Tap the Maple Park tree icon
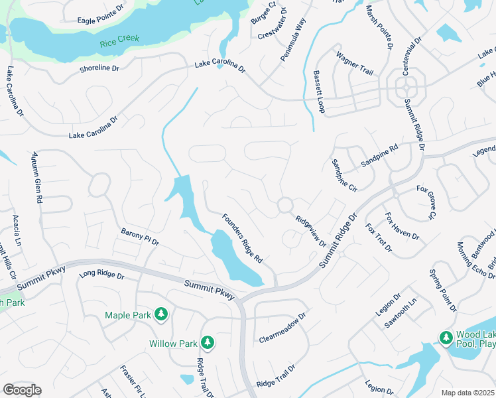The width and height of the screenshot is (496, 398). coord(160,314)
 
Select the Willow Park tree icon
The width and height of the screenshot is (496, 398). coord(208,343)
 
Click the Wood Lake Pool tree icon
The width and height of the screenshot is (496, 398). coord(446,338)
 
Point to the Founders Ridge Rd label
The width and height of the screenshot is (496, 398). coord(243,237)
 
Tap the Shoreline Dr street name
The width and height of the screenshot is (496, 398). coord(99,68)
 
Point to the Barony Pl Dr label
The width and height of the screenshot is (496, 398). coord(140,237)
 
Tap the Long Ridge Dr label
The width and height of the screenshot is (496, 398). coord(101,274)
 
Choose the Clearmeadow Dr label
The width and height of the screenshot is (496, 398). coord(282,328)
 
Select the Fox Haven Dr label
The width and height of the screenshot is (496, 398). coord(403,227)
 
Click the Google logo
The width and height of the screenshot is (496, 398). coord(22,390)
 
